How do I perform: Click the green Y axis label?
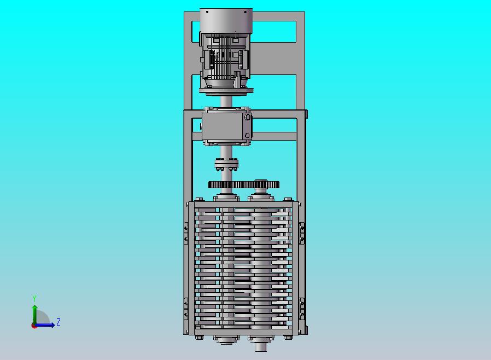click(x=34, y=298)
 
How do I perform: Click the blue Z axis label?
click(x=59, y=322)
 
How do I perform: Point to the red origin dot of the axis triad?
click(x=33, y=326)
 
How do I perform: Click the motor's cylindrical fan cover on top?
click(x=226, y=20)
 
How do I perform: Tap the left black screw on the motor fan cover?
click(x=207, y=12)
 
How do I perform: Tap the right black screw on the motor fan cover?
click(x=245, y=12)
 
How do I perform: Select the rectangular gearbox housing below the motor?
click(x=226, y=126)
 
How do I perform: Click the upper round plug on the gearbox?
click(x=247, y=117)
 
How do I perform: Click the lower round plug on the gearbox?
click(x=247, y=135)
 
